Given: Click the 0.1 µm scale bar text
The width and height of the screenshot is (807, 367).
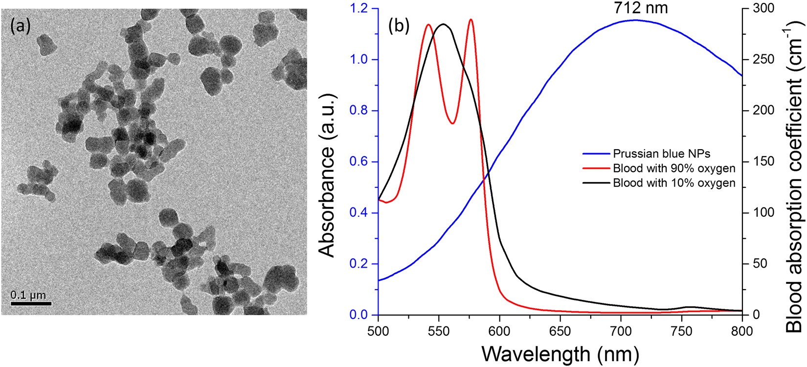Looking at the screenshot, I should click(28, 295).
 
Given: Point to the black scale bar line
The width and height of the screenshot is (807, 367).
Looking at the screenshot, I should click(31, 303).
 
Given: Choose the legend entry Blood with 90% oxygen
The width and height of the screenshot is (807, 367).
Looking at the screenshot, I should click(673, 168).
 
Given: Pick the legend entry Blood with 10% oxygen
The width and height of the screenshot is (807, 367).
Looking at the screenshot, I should click(673, 183).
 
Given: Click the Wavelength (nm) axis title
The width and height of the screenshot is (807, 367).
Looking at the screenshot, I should click(560, 352).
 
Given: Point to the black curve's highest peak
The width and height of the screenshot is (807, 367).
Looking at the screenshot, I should click(444, 23).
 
